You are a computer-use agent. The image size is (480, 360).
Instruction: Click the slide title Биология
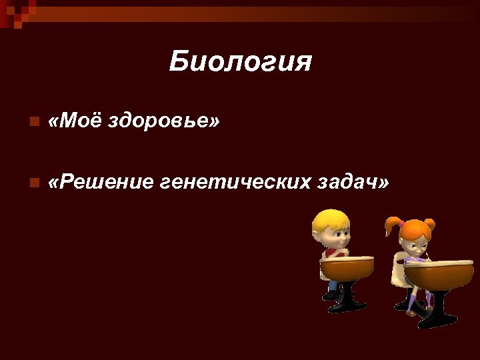click(240, 62)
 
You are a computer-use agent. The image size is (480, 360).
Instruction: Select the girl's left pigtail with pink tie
click(392, 226)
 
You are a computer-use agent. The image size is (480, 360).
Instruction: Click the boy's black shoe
click(331, 295)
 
